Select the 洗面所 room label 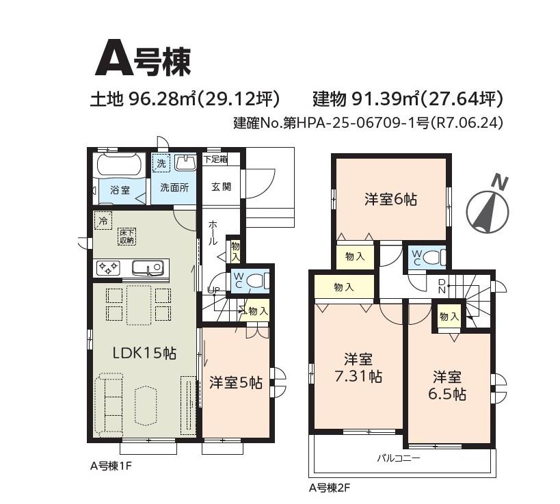(x=174, y=187)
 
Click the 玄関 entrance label (x=221, y=187)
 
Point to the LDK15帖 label (x=144, y=353)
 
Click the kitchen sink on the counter (x=148, y=268)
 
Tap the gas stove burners (x=108, y=268)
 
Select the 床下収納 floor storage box (x=126, y=237)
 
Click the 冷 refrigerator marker (x=103, y=220)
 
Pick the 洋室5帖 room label (x=236, y=382)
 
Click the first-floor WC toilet (x=256, y=280)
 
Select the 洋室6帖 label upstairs (x=390, y=199)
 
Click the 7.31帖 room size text (x=358, y=377)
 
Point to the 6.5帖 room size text (x=447, y=395)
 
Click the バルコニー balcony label (x=399, y=458)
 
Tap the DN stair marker (x=442, y=286)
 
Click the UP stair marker (x=213, y=290)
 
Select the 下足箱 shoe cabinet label (x=215, y=159)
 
